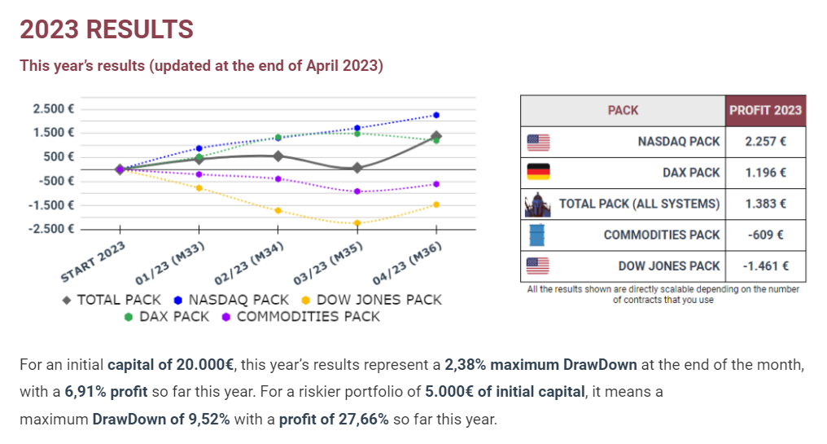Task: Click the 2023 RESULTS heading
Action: pos(107,30)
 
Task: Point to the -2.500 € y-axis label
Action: pos(51,228)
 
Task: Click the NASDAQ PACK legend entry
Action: pos(231,300)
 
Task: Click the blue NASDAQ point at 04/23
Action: pos(436,115)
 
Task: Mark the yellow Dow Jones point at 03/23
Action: pos(357,222)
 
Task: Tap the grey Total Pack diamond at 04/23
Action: pos(436,136)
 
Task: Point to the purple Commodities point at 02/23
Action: pos(278,179)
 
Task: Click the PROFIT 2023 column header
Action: pos(765,110)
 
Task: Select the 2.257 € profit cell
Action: pos(765,142)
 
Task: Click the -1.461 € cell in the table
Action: pos(765,266)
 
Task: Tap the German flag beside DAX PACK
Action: pos(538,173)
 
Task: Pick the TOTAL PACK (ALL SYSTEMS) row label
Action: pos(639,204)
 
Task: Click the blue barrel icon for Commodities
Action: pos(537,235)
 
